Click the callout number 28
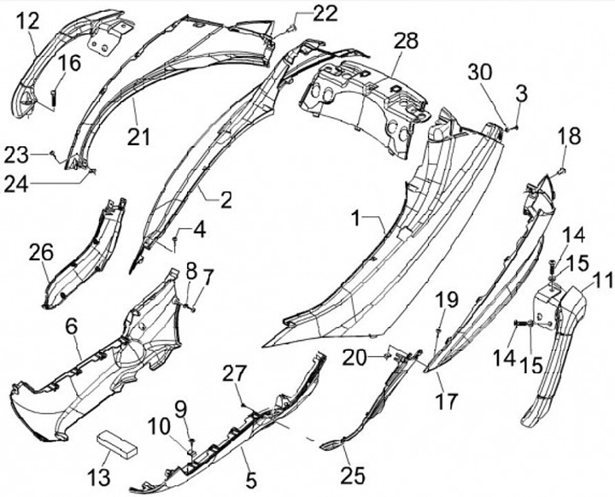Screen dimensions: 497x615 pyautogui.click(x=407, y=41)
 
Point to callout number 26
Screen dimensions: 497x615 pyautogui.click(x=41, y=253)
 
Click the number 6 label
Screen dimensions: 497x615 pyautogui.click(x=71, y=325)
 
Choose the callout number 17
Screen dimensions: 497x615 pyautogui.click(x=447, y=400)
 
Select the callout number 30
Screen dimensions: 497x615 pyautogui.click(x=480, y=73)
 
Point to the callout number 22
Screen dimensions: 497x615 pyautogui.click(x=301, y=13)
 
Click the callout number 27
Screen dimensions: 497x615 pyautogui.click(x=234, y=372)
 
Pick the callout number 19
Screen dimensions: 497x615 pyautogui.click(x=447, y=298)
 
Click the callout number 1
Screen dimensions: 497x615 pyautogui.click(x=356, y=219)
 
